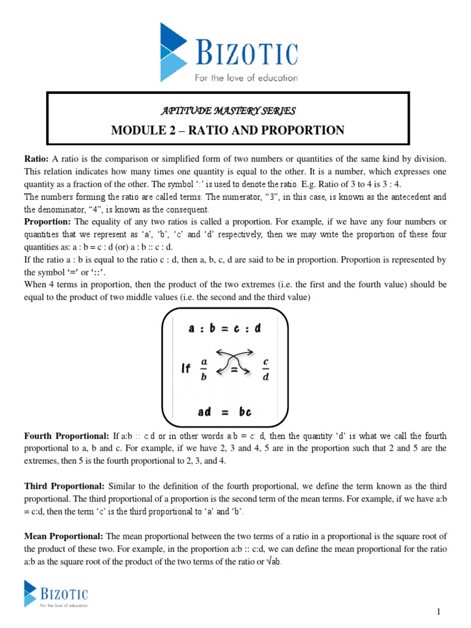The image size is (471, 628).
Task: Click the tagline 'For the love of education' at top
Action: click(246, 78)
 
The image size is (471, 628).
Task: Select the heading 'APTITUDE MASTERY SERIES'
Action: click(228, 111)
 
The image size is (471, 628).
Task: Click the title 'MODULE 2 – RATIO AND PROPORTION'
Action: click(228, 130)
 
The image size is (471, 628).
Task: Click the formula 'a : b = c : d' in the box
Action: click(224, 328)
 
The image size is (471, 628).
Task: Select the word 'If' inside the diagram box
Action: click(186, 369)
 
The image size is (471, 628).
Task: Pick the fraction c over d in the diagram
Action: click(266, 369)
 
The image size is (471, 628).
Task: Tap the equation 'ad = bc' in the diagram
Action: click(224, 412)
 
